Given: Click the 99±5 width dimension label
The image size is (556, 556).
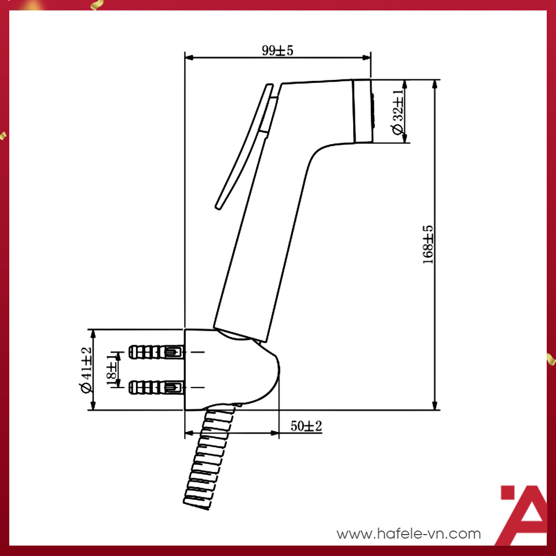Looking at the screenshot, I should [x=277, y=50].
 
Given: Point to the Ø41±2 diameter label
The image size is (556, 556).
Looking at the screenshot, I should [x=86, y=370].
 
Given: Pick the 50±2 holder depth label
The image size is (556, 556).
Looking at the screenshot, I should [x=306, y=426].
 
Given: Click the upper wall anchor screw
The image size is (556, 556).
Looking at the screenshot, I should [x=155, y=352].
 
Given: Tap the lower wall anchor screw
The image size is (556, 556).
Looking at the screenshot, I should [x=155, y=386].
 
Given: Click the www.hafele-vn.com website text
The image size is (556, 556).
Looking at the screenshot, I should [x=409, y=533].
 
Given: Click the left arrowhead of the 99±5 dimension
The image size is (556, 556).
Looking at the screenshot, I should [x=188, y=57].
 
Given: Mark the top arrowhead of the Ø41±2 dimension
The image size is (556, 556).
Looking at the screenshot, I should [x=93, y=332].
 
